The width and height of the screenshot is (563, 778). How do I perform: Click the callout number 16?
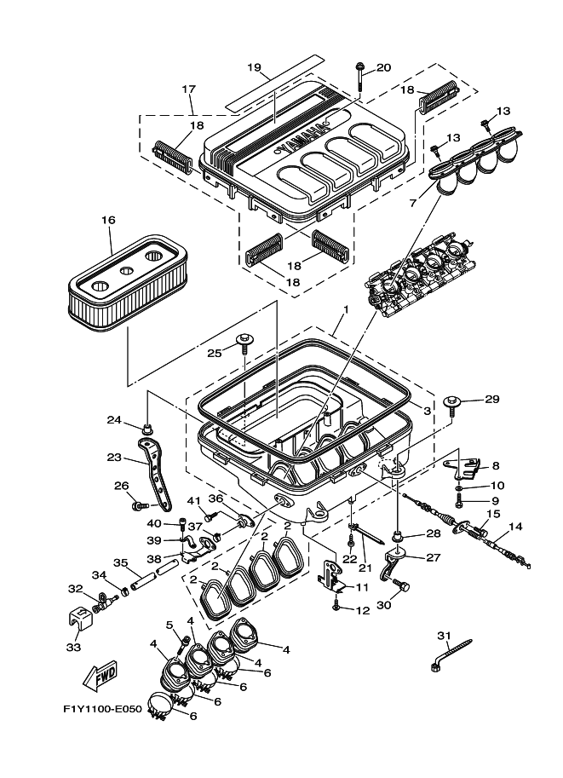tap(107, 220)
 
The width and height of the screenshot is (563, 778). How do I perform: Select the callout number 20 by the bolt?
tap(383, 67)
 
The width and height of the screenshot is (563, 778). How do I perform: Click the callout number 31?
tap(442, 635)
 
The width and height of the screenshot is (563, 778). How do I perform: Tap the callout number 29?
tap(491, 399)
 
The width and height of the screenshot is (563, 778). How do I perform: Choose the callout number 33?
tap(75, 648)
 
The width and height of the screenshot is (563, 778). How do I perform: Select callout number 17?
tap(188, 89)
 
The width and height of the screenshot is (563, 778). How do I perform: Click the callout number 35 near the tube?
tap(120, 562)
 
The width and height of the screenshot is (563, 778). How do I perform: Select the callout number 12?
tap(363, 609)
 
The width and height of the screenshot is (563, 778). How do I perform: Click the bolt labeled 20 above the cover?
tap(361, 78)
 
